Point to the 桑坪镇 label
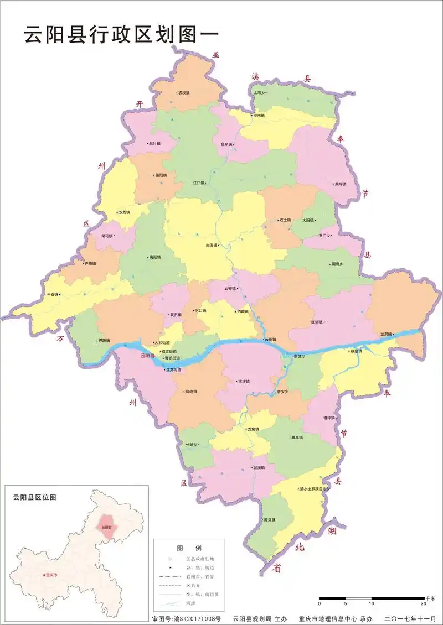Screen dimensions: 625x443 point(339,184)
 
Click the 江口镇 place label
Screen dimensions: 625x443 point(199,183)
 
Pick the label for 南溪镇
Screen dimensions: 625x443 point(212,244)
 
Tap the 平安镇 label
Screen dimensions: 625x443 point(53,294)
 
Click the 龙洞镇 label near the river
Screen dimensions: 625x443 point(386,334)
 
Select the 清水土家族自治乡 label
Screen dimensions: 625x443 point(315,489)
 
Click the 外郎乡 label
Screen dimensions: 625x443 point(192,445)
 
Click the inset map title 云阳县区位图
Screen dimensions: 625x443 point(34,498)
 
